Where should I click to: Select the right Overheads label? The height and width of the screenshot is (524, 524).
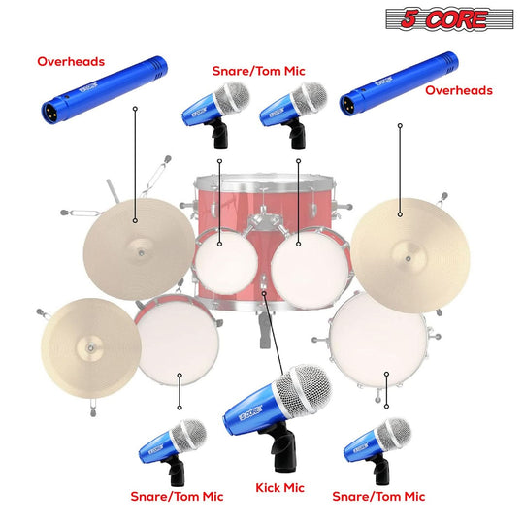[x=459, y=90]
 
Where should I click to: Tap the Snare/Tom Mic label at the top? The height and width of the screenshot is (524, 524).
[x=258, y=71]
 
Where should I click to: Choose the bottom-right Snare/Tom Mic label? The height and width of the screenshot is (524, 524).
[x=379, y=496]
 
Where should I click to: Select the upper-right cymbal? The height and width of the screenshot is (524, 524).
[x=398, y=247]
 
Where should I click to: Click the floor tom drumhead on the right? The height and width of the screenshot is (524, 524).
[x=377, y=335]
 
